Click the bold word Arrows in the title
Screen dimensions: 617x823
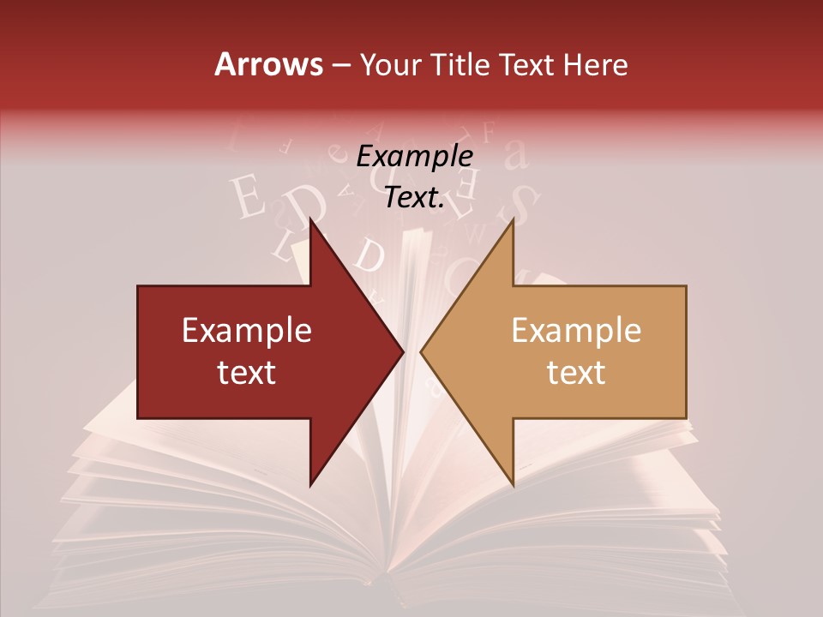[268, 64]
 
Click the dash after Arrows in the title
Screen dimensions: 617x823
[341, 66]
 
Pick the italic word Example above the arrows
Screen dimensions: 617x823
[414, 156]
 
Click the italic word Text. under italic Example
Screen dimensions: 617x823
[414, 197]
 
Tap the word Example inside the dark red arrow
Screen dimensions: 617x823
[247, 331]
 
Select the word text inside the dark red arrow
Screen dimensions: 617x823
[247, 372]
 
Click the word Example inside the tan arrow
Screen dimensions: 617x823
[576, 331]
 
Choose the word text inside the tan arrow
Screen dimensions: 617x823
[576, 372]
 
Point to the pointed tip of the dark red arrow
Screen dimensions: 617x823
[403, 351]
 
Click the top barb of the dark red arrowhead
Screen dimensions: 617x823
[310, 221]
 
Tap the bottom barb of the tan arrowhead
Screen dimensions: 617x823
[513, 485]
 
